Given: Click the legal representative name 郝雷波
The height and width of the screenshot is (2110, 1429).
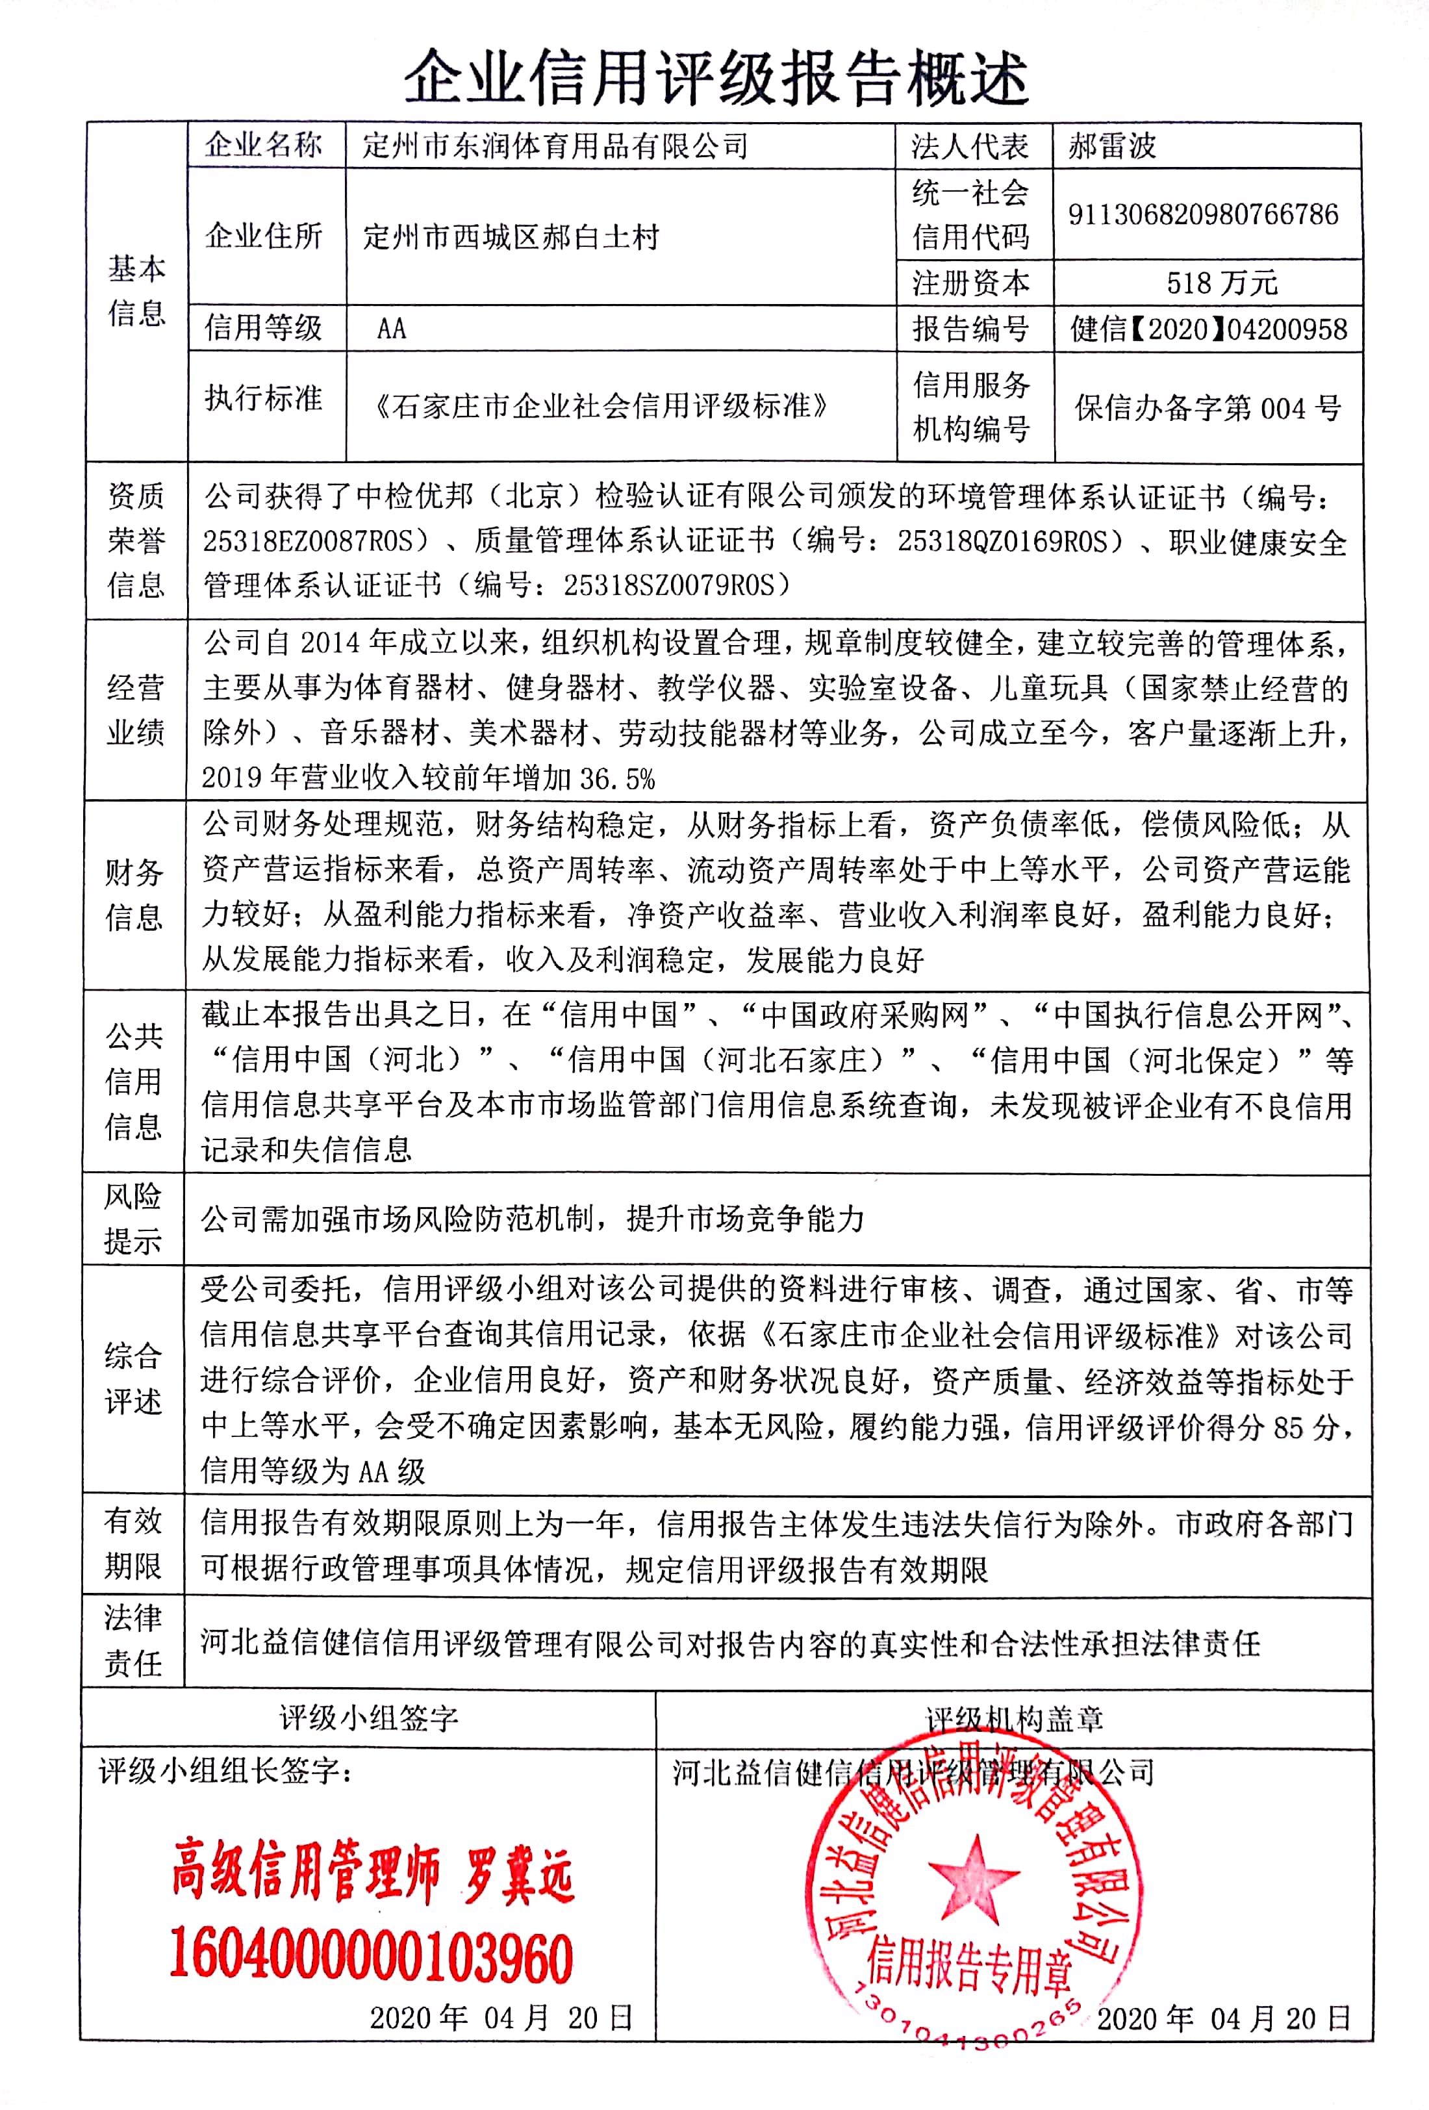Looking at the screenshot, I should click(x=1111, y=146).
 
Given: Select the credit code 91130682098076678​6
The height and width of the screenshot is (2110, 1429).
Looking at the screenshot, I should click(x=1203, y=214).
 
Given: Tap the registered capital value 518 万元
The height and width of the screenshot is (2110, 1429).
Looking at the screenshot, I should click(x=1221, y=283).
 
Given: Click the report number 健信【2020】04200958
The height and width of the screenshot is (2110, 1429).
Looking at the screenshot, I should click(x=1208, y=329).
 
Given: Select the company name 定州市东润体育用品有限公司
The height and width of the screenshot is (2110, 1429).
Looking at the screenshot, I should click(x=555, y=146).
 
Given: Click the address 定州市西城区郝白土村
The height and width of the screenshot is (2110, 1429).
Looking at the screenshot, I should click(x=511, y=237).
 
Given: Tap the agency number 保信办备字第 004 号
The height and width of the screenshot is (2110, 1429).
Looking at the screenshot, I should click(x=1208, y=408).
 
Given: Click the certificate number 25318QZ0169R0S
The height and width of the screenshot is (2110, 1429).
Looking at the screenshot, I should click(x=1002, y=541).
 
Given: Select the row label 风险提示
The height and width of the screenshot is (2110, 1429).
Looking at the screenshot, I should click(x=133, y=1219).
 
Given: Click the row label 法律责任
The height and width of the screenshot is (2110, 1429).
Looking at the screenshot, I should click(x=133, y=1642).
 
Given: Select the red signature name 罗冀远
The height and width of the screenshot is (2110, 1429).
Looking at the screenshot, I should click(x=519, y=1873).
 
